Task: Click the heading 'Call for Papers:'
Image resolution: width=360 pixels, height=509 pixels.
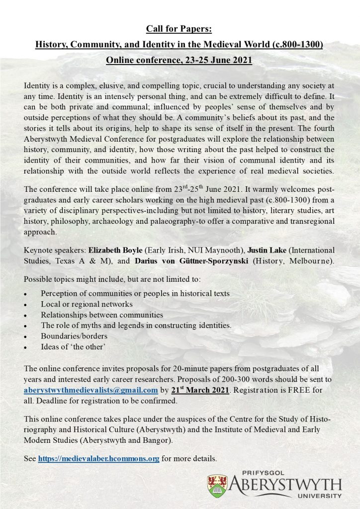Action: (180, 29)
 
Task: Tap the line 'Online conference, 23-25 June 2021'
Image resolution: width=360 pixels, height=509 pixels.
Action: (180, 61)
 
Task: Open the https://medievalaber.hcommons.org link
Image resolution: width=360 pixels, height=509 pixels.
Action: (98, 458)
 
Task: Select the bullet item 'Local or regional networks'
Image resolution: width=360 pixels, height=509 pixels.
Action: (87, 304)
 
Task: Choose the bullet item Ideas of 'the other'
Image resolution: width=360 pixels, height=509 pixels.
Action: (73, 347)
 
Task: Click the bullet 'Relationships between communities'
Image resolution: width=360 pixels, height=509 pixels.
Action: (102, 315)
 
